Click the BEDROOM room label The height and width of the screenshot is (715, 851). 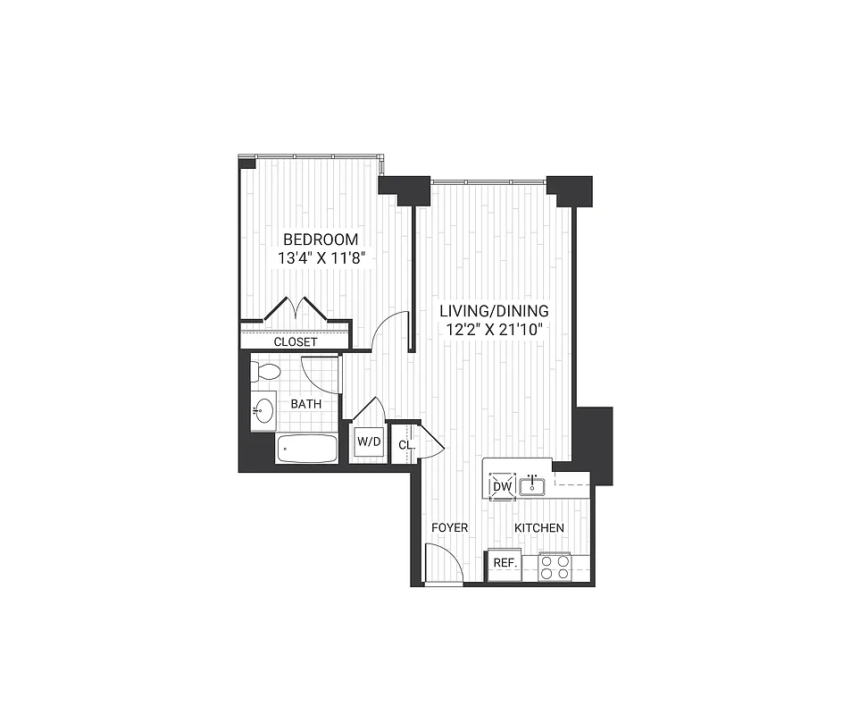tap(321, 240)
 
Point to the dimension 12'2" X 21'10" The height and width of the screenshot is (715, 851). tap(494, 329)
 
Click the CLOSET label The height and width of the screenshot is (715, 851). tap(295, 341)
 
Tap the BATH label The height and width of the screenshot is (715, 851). tap(306, 404)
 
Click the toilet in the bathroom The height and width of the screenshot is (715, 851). tap(266, 371)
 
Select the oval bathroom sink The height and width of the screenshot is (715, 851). tap(263, 411)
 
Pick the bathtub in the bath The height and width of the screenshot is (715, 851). tap(306, 449)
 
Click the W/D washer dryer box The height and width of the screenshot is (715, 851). tap(369, 442)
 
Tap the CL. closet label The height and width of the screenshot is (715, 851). tap(405, 444)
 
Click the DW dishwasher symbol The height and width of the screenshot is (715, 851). tap(502, 485)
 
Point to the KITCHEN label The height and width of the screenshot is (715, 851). tap(539, 527)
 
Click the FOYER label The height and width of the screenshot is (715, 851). tap(449, 527)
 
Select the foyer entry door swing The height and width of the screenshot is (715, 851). tap(444, 565)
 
